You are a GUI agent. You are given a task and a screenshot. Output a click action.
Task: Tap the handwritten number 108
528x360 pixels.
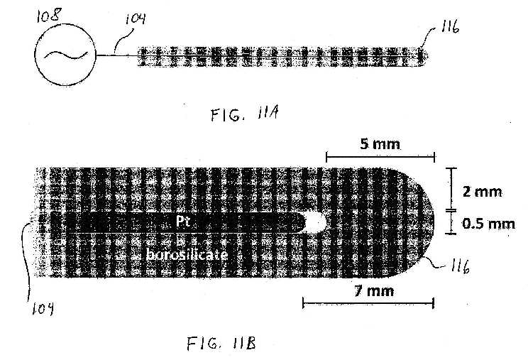tap(49, 16)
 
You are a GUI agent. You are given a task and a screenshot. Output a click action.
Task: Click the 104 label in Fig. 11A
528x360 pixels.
tap(136, 18)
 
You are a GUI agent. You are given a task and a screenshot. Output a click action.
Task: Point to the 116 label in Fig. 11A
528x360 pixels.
tap(450, 26)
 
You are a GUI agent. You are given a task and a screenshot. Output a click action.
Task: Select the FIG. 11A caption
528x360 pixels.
tap(245, 114)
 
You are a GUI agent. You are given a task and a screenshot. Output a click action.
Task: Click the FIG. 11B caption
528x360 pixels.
tap(221, 344)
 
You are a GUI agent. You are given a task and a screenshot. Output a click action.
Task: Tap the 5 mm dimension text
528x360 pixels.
tap(380, 144)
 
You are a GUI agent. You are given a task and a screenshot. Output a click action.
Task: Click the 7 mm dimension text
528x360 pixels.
tap(374, 290)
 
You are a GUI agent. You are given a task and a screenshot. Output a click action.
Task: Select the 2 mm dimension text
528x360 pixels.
tap(482, 192)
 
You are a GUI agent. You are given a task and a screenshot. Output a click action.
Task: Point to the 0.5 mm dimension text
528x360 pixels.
tap(488, 224)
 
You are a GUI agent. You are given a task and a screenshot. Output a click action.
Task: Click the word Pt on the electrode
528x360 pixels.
tap(183, 222)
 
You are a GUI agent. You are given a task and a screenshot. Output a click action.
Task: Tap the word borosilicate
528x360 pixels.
tap(187, 254)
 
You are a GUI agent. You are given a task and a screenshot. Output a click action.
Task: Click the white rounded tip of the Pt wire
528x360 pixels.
tap(316, 222)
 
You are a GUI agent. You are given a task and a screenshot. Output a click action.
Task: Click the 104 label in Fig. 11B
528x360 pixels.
tap(43, 308)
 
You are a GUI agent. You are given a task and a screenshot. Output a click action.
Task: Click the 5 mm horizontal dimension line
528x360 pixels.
tap(380, 157)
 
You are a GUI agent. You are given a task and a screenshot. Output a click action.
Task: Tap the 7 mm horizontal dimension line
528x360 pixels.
tap(368, 303)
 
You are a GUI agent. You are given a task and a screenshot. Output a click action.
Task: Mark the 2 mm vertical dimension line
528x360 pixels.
tap(451, 189)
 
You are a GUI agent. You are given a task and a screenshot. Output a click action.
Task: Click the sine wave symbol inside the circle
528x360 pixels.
tap(66, 55)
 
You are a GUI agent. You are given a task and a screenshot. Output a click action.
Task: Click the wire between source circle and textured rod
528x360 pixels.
tap(117, 55)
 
